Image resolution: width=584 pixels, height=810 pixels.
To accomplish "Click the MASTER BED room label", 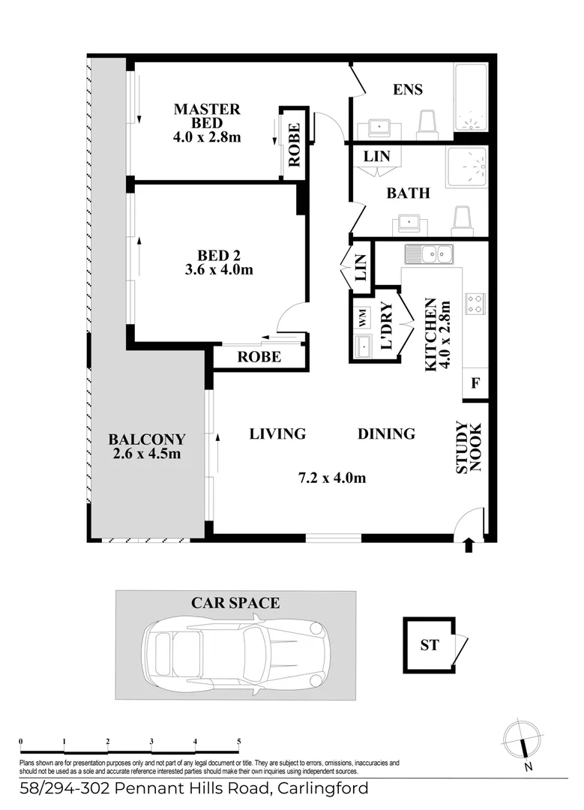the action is coord(207,116).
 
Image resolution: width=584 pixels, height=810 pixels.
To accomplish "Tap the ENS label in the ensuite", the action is coord(407,89).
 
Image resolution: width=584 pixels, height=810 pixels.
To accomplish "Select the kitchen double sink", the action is coord(429,254).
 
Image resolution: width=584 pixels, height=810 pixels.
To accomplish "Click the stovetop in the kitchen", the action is coord(475,304).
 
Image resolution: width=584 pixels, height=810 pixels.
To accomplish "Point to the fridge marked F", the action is coord(475,383).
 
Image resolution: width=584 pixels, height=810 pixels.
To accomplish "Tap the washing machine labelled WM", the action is coord(362,318).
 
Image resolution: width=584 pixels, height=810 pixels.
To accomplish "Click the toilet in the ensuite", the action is coord(427,124).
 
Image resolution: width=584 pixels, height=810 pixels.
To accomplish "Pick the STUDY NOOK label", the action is coord(469,448).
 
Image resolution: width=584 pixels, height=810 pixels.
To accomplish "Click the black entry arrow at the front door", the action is coord(469,545).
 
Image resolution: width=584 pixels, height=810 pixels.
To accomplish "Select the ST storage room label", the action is coord(429,645).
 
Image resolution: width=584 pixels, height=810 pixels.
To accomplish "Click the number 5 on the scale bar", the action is coord(238,741).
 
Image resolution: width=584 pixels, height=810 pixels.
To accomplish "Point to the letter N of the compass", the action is coord(528,767).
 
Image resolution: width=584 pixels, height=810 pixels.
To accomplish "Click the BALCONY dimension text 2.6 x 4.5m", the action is coord(147,454).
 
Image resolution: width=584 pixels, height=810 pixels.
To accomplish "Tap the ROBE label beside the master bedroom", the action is coord(294,145).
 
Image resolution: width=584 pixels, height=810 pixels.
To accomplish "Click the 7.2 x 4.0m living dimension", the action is coord(332,478).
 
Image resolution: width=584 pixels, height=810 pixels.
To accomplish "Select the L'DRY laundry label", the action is coord(387,325).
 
